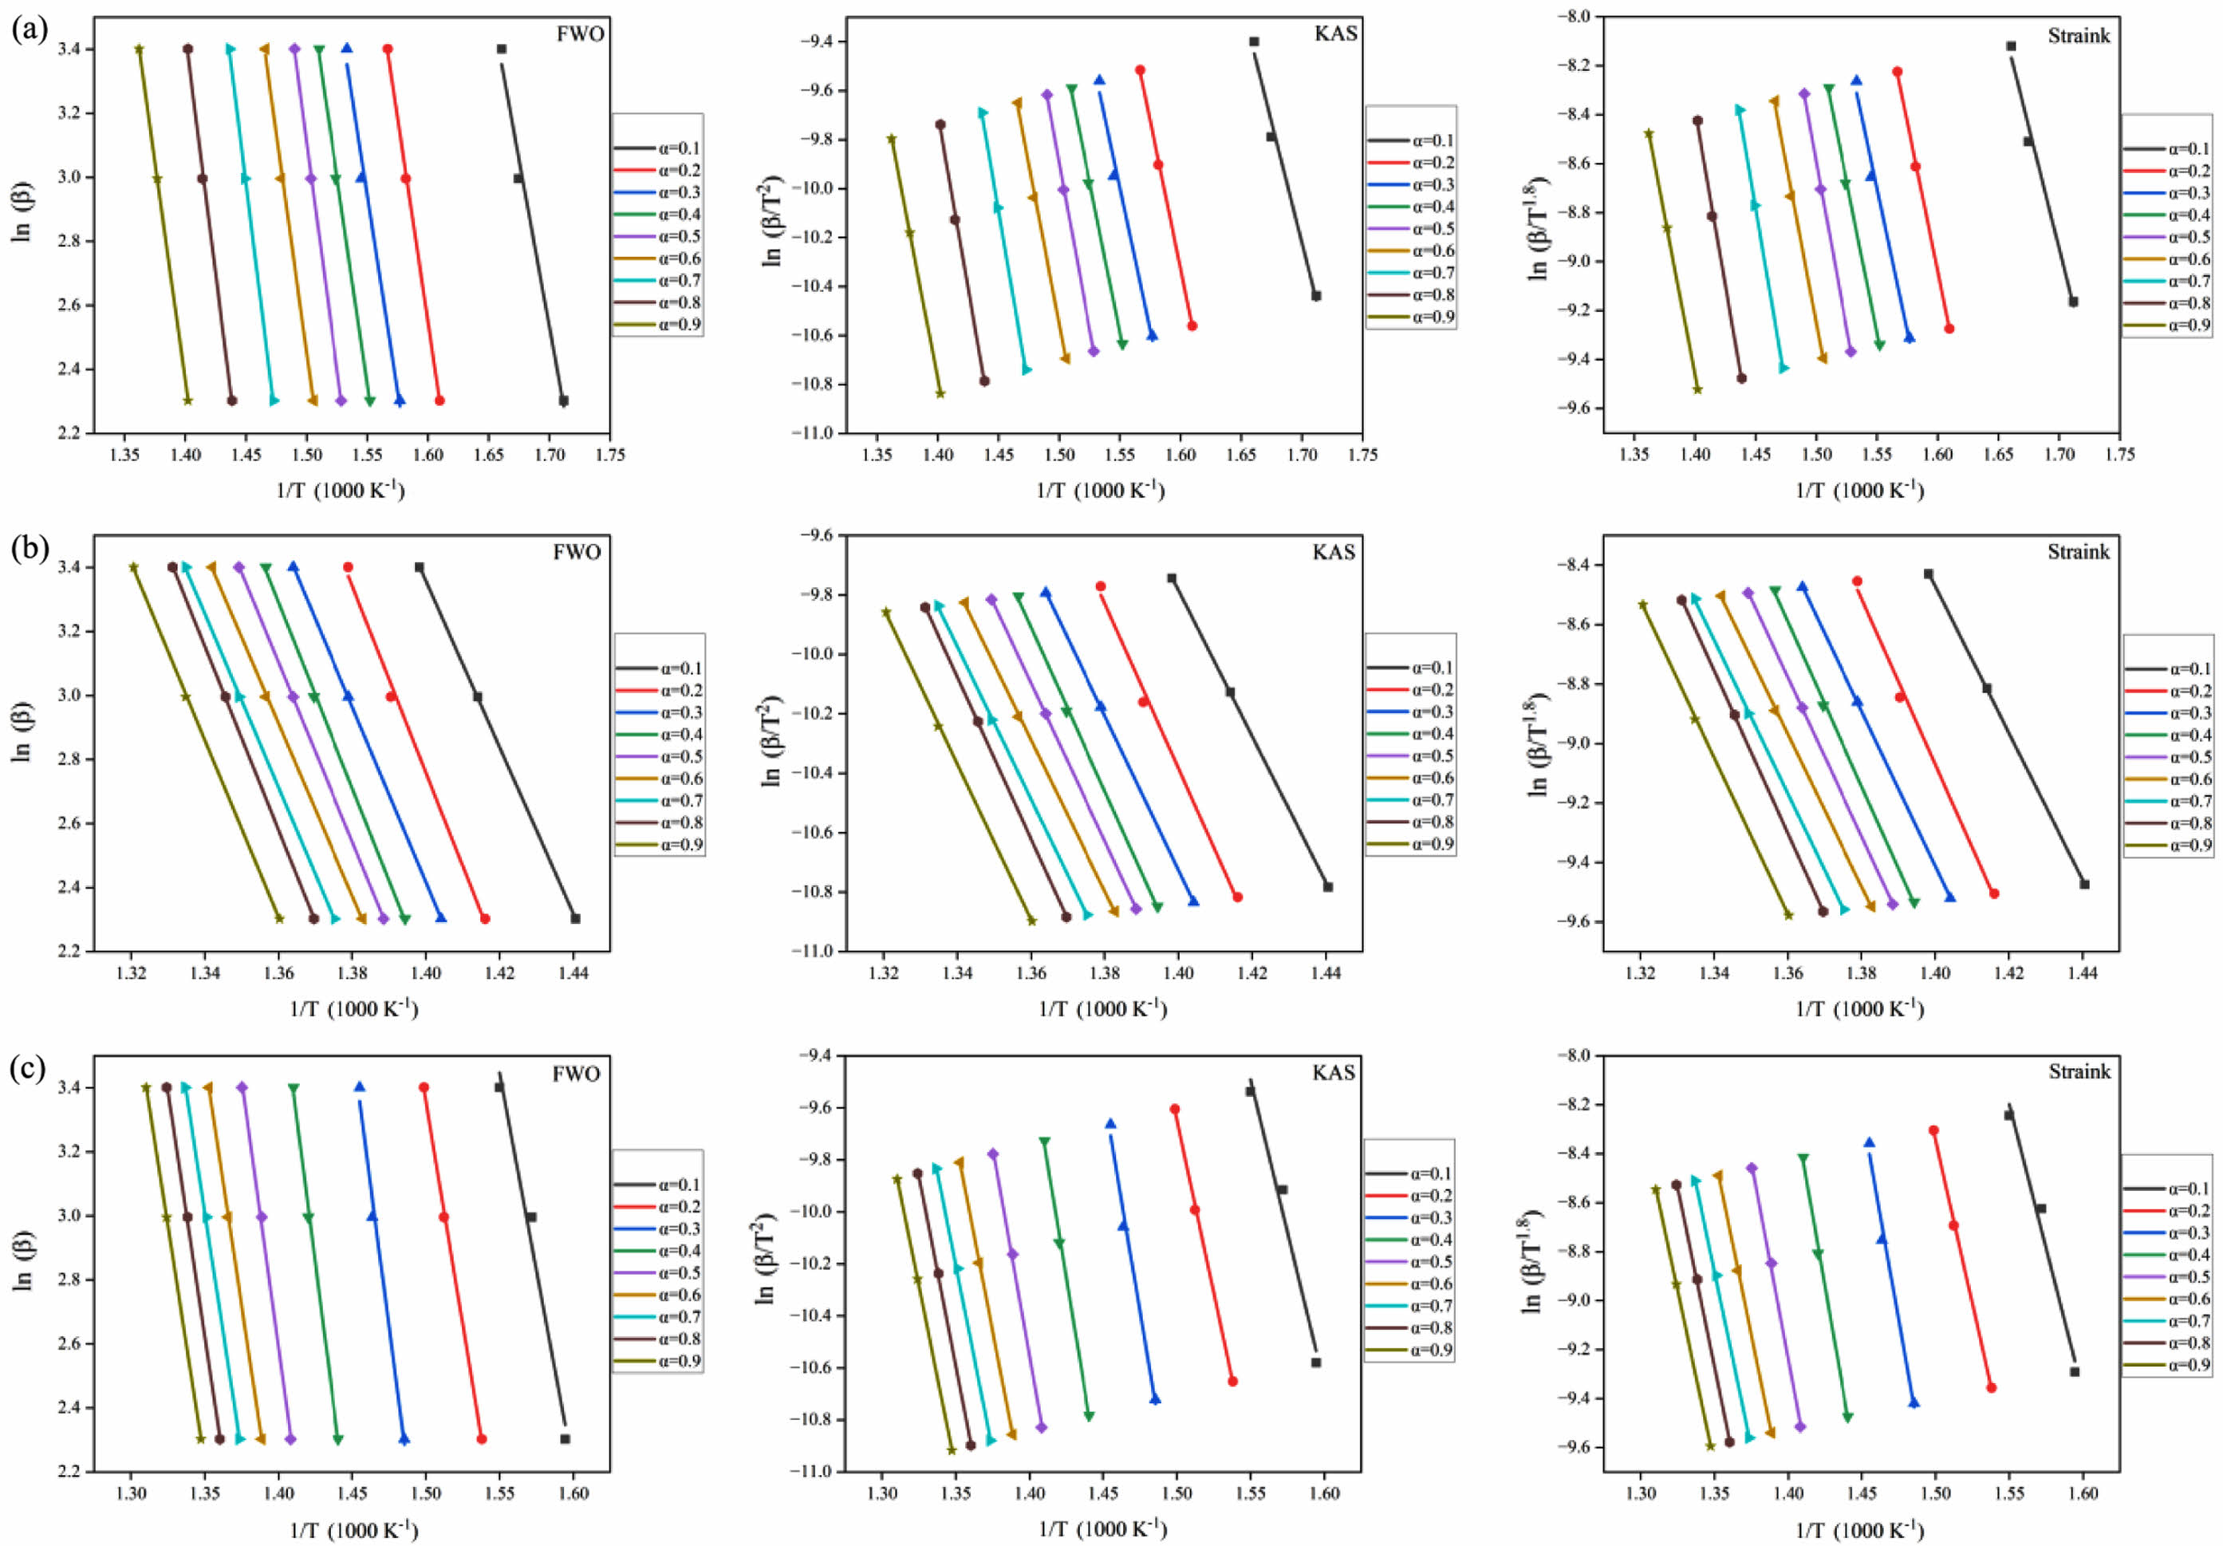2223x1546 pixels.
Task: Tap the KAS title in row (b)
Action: pos(1335,553)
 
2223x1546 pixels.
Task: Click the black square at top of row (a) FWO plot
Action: pos(502,49)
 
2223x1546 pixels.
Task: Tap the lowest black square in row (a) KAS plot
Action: pos(1316,296)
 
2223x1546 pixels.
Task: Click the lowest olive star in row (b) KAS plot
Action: pos(1031,921)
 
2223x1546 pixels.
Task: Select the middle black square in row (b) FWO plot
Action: pos(477,696)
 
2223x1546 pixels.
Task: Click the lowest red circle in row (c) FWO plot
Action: pos(481,1438)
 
